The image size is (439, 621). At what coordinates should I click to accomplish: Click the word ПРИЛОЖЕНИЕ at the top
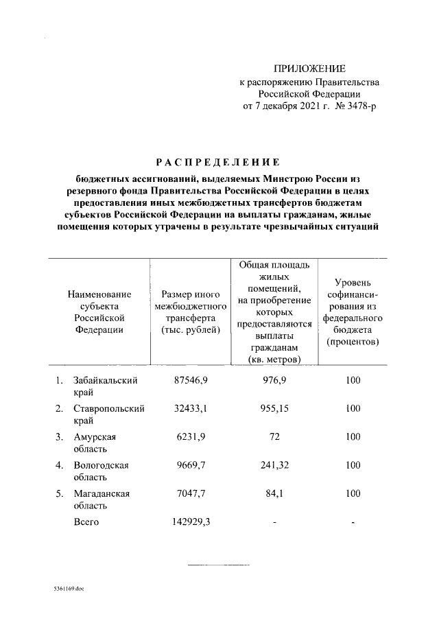pos(309,69)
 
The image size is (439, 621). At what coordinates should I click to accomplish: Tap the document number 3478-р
pos(359,106)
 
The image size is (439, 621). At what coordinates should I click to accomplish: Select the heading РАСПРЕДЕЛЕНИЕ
pos(219,163)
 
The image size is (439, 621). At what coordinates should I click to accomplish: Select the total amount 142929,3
pos(190,522)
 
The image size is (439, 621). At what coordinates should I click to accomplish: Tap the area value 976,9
pos(274,380)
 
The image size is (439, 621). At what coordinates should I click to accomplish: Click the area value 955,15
pos(274,408)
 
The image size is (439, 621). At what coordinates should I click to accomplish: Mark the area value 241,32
pos(274,465)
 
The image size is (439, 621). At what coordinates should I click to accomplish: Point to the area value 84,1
pos(274,493)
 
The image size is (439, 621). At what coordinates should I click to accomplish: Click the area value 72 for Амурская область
pos(274,436)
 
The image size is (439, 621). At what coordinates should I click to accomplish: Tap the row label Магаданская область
pos(102,499)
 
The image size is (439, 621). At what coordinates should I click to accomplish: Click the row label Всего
pos(86,522)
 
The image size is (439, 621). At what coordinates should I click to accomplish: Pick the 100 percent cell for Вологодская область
pos(353,465)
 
